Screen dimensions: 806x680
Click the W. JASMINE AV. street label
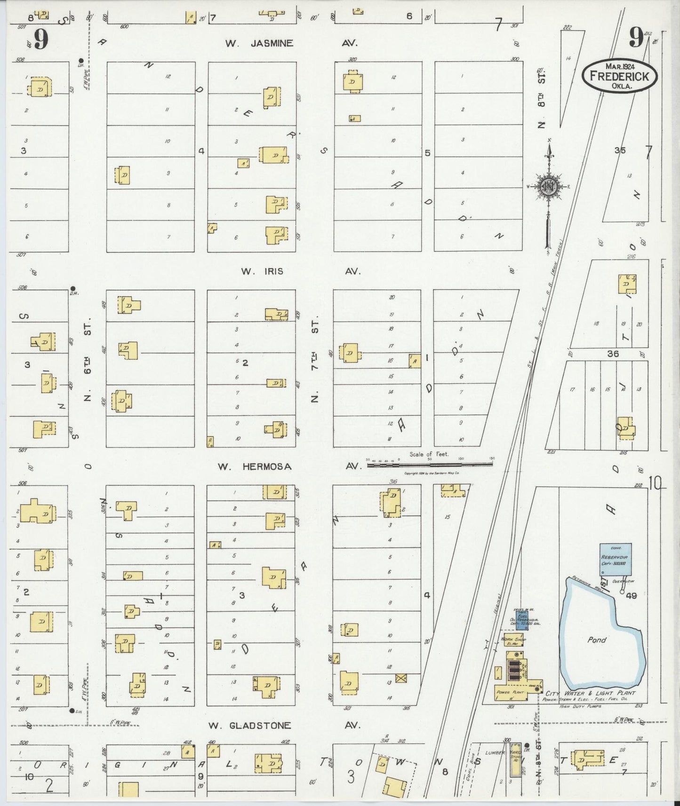(x=291, y=43)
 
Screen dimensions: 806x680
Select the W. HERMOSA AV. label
(x=288, y=466)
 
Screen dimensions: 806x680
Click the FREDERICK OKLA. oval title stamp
(x=619, y=76)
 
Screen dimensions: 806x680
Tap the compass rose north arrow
(x=548, y=188)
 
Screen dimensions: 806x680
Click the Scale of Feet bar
(x=429, y=463)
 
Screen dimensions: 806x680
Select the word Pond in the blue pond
(x=597, y=640)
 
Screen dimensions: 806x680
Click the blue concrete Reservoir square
(x=615, y=559)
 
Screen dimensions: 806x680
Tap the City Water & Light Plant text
(x=590, y=693)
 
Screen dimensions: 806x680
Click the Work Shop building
(x=513, y=640)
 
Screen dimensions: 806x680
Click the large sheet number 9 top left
(x=41, y=40)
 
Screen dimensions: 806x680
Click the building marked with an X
(x=401, y=678)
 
